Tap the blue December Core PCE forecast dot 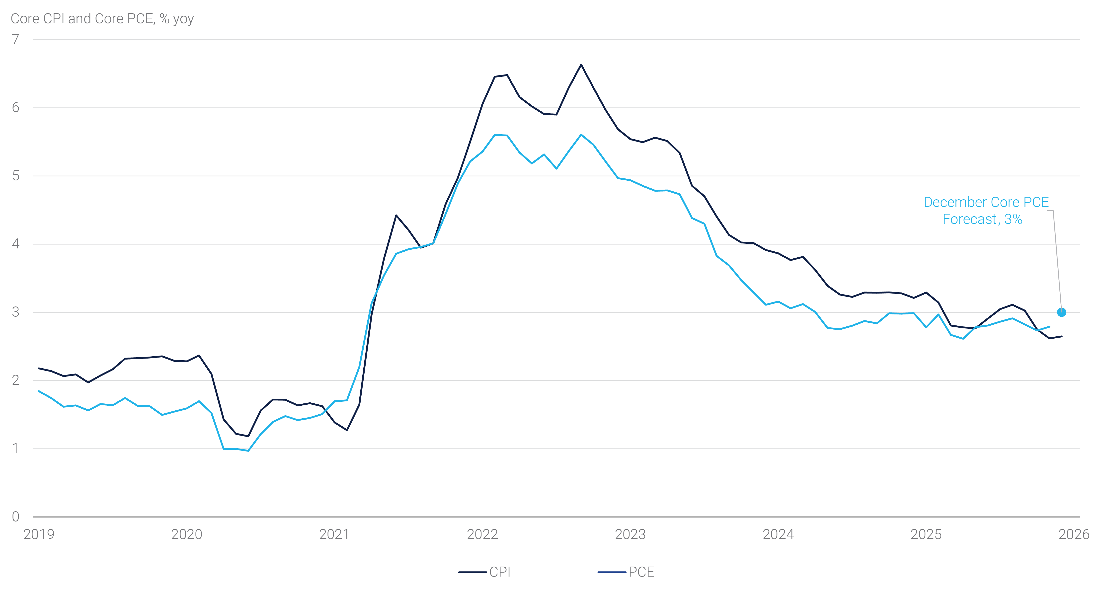point(1061,312)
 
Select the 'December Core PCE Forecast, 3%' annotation point(986,211)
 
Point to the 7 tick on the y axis point(16,39)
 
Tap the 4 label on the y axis point(16,244)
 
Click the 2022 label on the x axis point(482,534)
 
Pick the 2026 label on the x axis point(1074,534)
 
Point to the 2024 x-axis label point(778,534)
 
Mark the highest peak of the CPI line point(581,65)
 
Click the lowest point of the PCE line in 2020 point(248,451)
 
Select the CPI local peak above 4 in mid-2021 point(396,215)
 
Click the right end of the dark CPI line point(1062,336)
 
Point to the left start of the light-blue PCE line point(39,391)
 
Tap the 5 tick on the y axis point(16,176)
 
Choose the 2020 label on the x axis point(187,534)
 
